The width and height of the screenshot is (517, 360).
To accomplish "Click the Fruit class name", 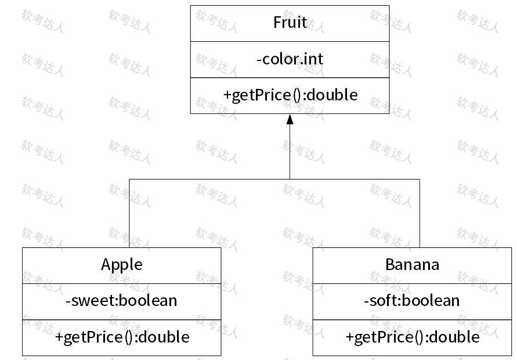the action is [290, 23].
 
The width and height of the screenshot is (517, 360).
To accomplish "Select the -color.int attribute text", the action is [290, 59].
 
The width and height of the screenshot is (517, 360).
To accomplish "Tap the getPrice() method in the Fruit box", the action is [290, 95].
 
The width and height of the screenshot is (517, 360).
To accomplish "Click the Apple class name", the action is [122, 265].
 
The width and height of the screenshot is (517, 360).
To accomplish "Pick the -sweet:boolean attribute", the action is [121, 301].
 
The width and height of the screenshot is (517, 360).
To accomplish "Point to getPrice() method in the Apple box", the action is [122, 337].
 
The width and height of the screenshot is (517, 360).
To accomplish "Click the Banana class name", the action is [412, 265].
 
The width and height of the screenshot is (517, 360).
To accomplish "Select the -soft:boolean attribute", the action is [412, 301].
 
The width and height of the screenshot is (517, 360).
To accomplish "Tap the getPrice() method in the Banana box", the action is [413, 337].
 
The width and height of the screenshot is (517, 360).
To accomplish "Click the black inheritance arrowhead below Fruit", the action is [290, 119].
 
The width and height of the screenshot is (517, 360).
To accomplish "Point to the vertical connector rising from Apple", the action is [129, 213].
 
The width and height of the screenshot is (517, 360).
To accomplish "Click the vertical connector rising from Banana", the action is [420, 213].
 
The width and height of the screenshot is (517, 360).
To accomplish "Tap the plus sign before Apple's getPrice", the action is [59, 337].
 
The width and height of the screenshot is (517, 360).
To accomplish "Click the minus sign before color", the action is [259, 60].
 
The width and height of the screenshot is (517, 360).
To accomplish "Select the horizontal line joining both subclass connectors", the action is [274, 179].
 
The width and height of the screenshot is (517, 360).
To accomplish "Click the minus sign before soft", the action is [366, 301].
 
